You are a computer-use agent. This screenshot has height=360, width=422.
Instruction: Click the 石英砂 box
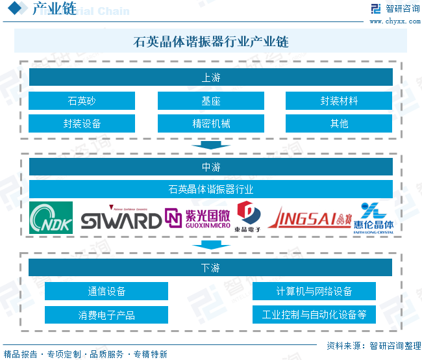pyautogui.click(x=82, y=101)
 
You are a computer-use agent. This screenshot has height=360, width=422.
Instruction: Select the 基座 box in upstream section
pyautogui.click(x=211, y=101)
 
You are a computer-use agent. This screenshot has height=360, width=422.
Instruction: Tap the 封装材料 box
pyautogui.click(x=339, y=101)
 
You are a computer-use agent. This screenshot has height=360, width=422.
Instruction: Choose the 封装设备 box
pyautogui.click(x=82, y=123)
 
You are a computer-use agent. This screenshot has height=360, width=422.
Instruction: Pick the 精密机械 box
pyautogui.click(x=211, y=123)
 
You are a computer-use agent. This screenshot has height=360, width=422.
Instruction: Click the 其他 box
pyautogui.click(x=339, y=123)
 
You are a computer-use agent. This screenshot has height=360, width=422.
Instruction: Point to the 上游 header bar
pyautogui.click(x=211, y=77)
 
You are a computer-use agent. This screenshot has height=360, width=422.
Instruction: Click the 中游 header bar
pyautogui.click(x=211, y=167)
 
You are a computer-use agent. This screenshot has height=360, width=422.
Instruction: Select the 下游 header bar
pyautogui.click(x=211, y=267)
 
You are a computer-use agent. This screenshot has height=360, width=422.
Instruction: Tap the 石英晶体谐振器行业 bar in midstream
pyautogui.click(x=211, y=190)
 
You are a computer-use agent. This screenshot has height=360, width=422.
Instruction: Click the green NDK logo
pyautogui.click(x=51, y=218)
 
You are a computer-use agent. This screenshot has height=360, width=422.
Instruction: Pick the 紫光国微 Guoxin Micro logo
pyautogui.click(x=197, y=219)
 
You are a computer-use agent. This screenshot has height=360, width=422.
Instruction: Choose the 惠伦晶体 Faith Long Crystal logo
pyautogui.click(x=373, y=218)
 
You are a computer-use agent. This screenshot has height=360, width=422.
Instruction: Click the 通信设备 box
pyautogui.click(x=106, y=291)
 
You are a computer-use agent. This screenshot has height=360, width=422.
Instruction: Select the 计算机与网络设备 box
pyautogui.click(x=314, y=291)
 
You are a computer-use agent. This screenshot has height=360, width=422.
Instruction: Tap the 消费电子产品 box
pyautogui.click(x=106, y=315)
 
